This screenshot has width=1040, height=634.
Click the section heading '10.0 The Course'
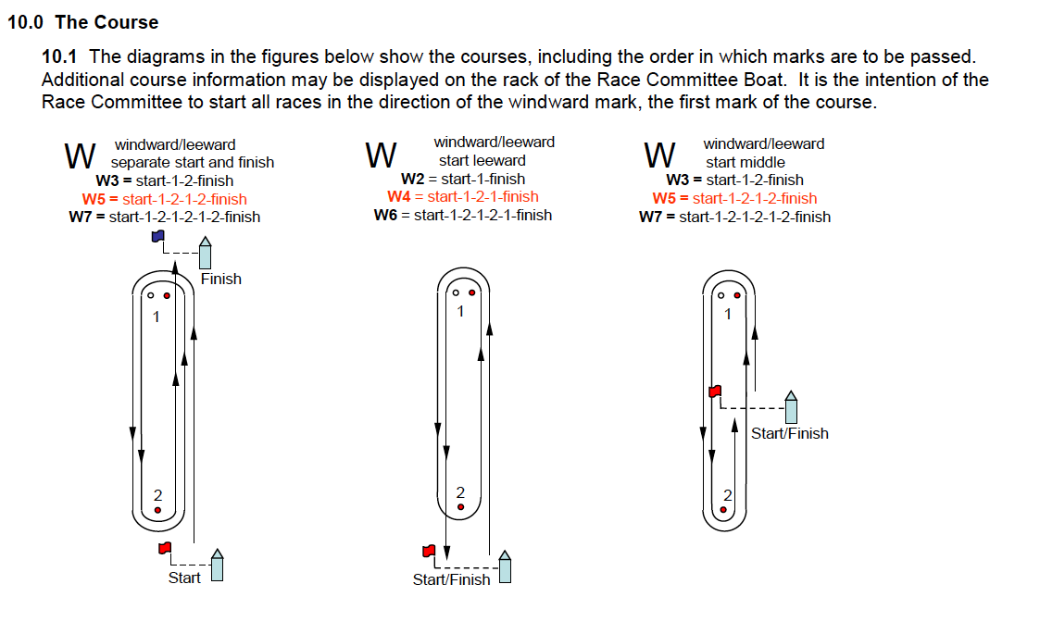(x=83, y=22)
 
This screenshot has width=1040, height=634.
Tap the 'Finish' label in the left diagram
(x=220, y=279)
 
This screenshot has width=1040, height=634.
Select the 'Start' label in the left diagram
(x=183, y=578)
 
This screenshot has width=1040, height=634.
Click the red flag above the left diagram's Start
(x=165, y=549)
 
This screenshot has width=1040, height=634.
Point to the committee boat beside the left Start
(x=218, y=566)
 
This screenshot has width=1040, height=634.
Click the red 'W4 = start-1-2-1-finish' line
(x=462, y=196)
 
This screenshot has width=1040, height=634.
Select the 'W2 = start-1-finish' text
(x=462, y=179)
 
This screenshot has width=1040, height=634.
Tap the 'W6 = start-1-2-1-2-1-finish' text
(x=462, y=215)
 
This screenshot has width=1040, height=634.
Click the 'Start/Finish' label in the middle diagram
(x=451, y=579)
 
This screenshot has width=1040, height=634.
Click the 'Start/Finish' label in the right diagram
(x=789, y=433)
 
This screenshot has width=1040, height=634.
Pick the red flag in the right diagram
(x=714, y=392)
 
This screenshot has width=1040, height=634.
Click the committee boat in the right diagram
(x=791, y=406)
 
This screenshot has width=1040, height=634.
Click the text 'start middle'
(x=746, y=162)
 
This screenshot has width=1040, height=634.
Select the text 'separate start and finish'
(x=193, y=162)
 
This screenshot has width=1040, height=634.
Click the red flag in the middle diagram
(x=429, y=552)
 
